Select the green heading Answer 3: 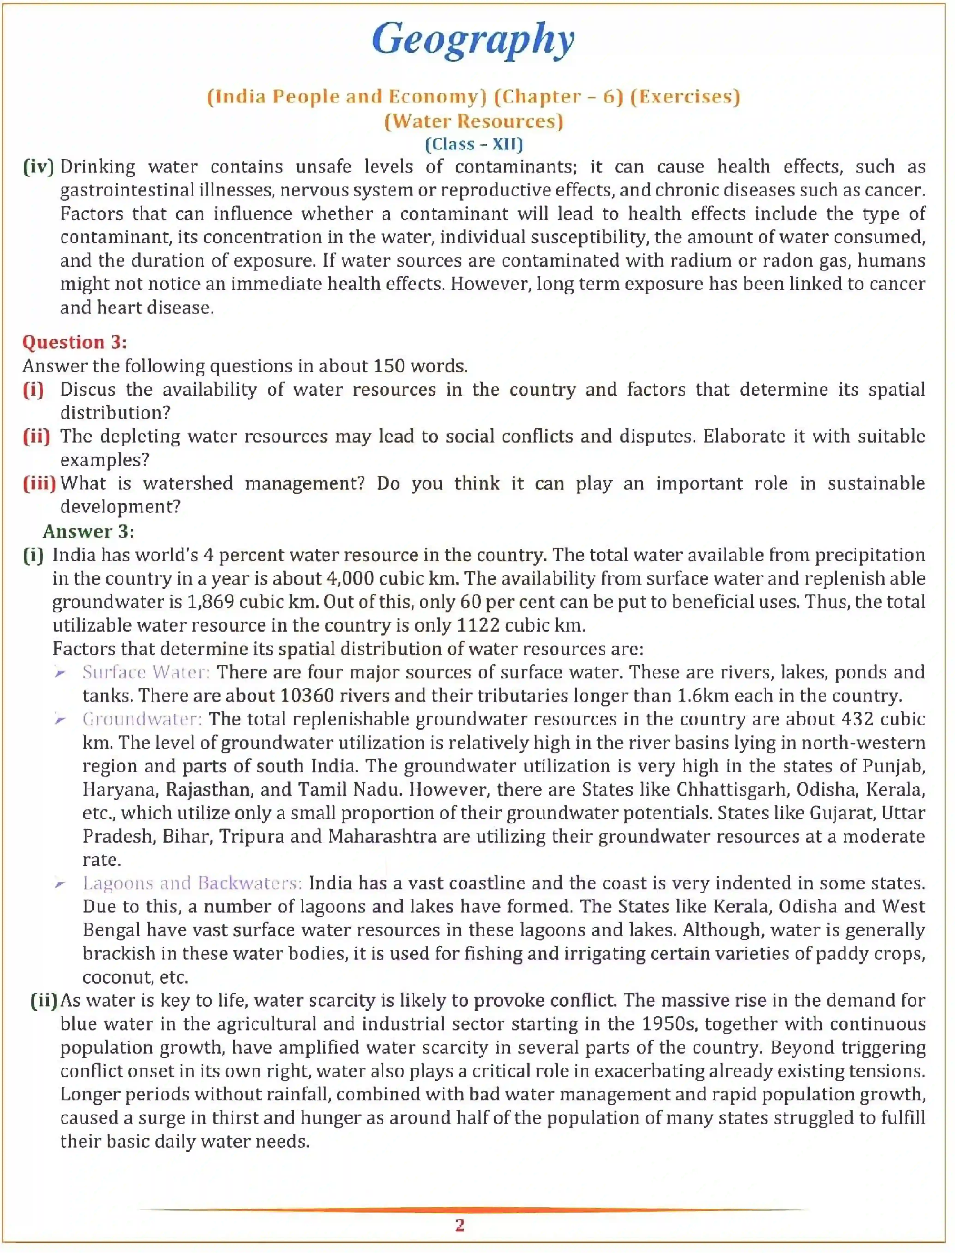(88, 531)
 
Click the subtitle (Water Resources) (473, 121)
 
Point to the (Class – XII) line (473, 144)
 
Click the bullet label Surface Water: (146, 672)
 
